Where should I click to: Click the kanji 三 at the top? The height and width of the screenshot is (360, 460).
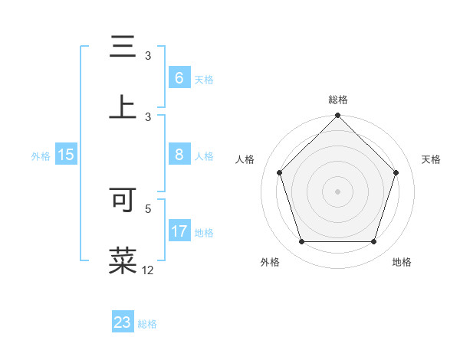pyautogui.click(x=123, y=47)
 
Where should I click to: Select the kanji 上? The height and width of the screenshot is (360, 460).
pyautogui.click(x=123, y=107)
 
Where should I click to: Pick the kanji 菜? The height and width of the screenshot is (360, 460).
pyautogui.click(x=123, y=260)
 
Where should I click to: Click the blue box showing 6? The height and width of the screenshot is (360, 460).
pyautogui.click(x=179, y=78)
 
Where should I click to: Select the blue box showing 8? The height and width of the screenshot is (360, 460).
pyautogui.click(x=179, y=155)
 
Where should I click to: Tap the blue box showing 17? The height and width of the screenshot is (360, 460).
pyautogui.click(x=179, y=231)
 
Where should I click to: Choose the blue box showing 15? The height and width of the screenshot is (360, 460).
pyautogui.click(x=66, y=155)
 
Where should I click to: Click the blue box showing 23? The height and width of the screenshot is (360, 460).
pyautogui.click(x=123, y=322)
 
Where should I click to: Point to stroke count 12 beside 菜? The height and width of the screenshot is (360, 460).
pyautogui.click(x=148, y=270)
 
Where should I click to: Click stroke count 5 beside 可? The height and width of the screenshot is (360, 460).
pyautogui.click(x=148, y=208)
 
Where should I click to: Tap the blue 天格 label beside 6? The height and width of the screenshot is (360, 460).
pyautogui.click(x=204, y=79)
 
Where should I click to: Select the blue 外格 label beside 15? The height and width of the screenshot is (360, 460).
pyautogui.click(x=41, y=155)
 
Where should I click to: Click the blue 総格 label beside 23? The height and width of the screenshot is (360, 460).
pyautogui.click(x=147, y=323)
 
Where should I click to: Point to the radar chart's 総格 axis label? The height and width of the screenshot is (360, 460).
pyautogui.click(x=338, y=100)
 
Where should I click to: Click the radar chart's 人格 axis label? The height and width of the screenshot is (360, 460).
pyautogui.click(x=245, y=159)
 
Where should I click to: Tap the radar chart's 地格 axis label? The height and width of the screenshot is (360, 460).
pyautogui.click(x=402, y=262)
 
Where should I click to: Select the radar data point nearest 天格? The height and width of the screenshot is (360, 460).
pyautogui.click(x=396, y=172)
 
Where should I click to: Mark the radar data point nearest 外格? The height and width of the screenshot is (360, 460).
pyautogui.click(x=301, y=242)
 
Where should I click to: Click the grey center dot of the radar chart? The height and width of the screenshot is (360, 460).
pyautogui.click(x=338, y=191)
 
